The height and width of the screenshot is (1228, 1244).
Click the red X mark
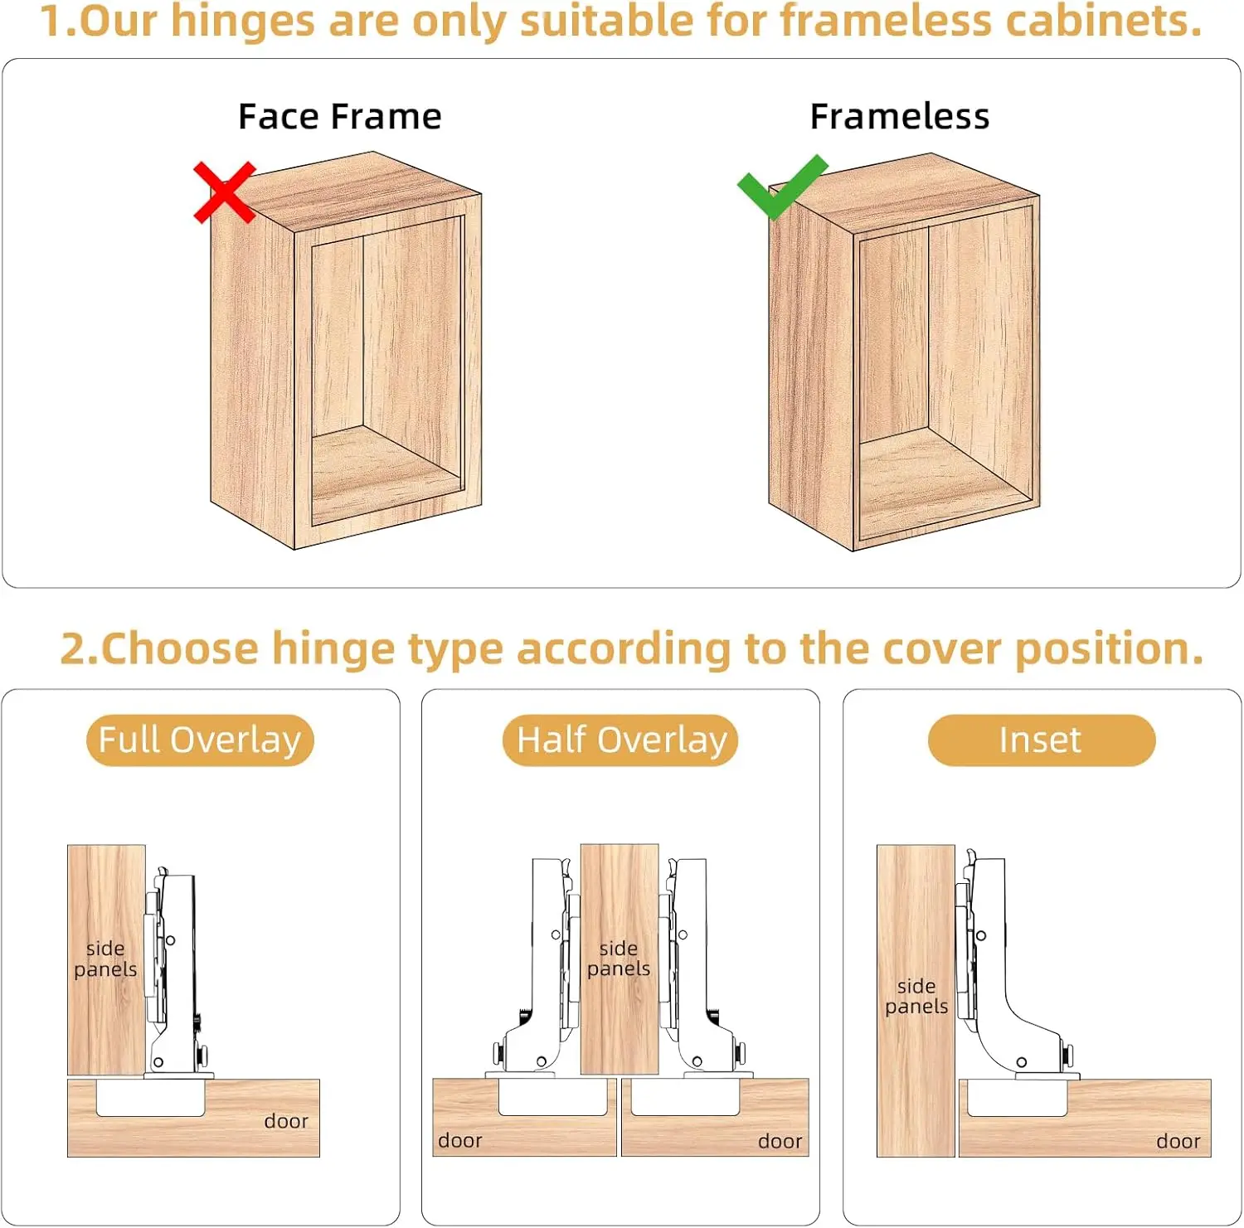pyautogui.click(x=224, y=192)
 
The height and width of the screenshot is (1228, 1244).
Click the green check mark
pyautogui.click(x=781, y=187)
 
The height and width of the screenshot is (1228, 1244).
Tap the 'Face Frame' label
pyautogui.click(x=339, y=117)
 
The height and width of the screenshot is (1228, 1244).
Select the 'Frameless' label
pyautogui.click(x=899, y=117)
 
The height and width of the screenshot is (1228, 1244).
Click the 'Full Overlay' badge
pyautogui.click(x=200, y=740)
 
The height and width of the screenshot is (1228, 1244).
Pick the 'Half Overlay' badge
pyautogui.click(x=620, y=740)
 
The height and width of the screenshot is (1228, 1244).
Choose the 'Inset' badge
pyautogui.click(x=1041, y=740)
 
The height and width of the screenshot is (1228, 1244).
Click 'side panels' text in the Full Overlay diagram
pyautogui.click(x=105, y=959)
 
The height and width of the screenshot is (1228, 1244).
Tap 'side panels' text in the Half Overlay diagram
pyautogui.click(x=619, y=958)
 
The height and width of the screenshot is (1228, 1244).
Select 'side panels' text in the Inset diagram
pyautogui.click(x=916, y=996)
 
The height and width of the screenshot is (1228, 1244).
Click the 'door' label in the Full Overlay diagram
pyautogui.click(x=286, y=1121)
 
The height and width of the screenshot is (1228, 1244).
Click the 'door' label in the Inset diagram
pyautogui.click(x=1178, y=1142)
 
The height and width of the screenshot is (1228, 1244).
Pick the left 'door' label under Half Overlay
pyautogui.click(x=460, y=1141)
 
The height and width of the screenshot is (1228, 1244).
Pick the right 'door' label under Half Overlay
pyautogui.click(x=780, y=1142)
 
